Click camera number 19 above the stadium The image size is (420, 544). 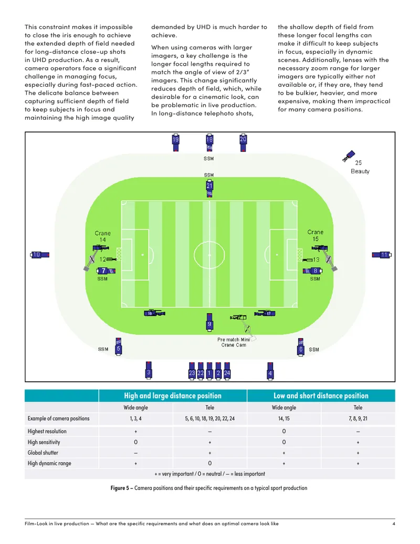176,142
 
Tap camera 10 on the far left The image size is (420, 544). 40,255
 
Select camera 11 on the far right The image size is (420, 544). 382,255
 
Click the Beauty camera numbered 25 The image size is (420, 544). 349,156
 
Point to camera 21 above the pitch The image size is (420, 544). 209,189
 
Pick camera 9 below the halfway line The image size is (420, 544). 209,322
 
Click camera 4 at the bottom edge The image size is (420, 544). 270,372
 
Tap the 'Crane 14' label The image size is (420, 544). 102,237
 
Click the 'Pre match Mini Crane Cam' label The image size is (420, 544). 234,342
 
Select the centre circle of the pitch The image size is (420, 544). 209,240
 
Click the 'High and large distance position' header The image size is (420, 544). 173,395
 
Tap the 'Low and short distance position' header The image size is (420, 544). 321,395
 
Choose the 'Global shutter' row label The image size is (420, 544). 43,453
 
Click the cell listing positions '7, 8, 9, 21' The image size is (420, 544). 358,418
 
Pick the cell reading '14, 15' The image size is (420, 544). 284,418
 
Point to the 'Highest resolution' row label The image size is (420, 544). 47,431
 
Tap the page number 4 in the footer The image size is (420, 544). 394,524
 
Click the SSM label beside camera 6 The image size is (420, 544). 314,350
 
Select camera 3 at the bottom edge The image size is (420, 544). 149,371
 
